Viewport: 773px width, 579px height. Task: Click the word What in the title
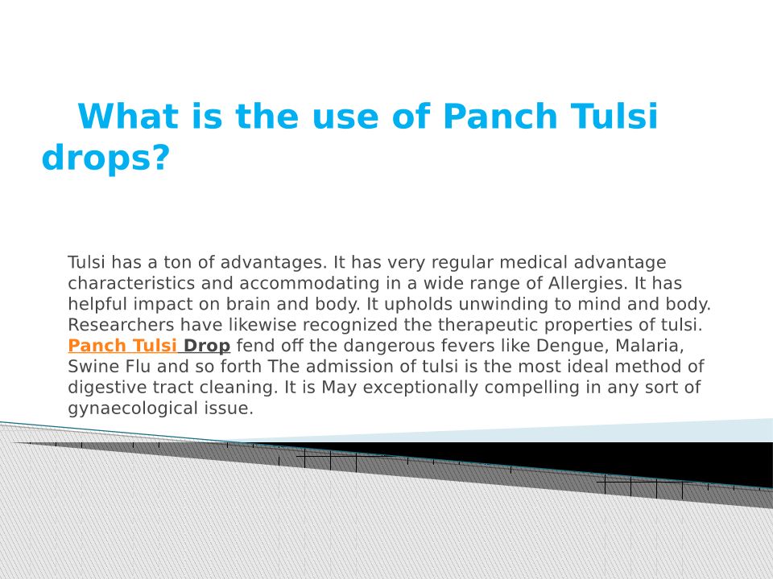pyautogui.click(x=128, y=116)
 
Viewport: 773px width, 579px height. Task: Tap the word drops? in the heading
pyautogui.click(x=106, y=158)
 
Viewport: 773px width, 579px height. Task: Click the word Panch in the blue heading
pyautogui.click(x=500, y=116)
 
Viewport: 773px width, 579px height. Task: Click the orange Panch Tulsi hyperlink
pyautogui.click(x=122, y=346)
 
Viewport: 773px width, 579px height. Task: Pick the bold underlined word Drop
pyautogui.click(x=207, y=346)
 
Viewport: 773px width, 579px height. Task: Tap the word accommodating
pyautogui.click(x=309, y=284)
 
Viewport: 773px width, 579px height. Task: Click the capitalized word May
pyautogui.click(x=339, y=388)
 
